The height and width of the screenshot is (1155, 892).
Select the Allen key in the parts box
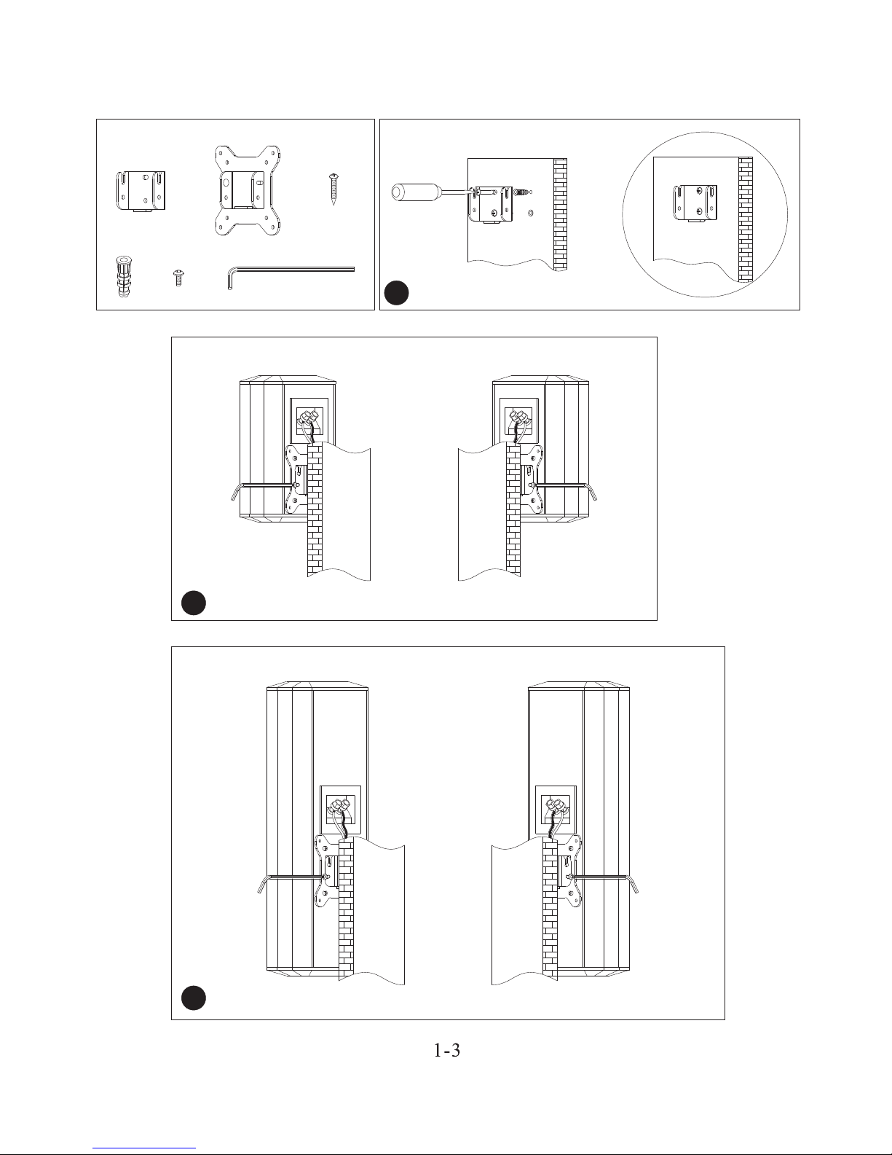[291, 270]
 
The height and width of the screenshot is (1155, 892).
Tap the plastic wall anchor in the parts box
[122, 275]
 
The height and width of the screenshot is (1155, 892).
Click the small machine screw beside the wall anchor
[177, 278]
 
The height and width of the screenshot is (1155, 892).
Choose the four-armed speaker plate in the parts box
[248, 192]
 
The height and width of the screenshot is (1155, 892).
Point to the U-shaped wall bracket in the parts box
[142, 191]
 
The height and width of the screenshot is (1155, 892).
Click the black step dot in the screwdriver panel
[397, 293]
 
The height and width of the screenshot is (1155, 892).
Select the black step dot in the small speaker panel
[194, 603]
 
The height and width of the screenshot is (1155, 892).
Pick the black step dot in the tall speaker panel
[194, 998]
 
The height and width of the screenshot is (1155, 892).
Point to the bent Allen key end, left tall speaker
[262, 884]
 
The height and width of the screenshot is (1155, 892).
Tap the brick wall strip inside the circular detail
[745, 219]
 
